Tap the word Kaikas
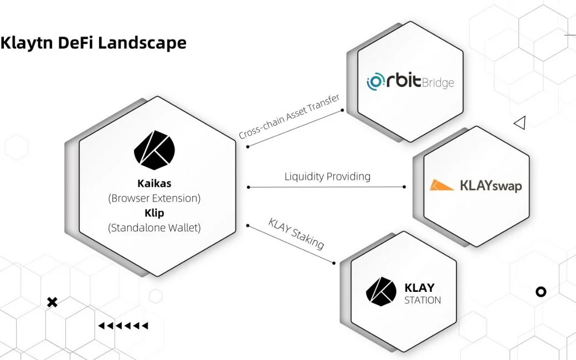(x=154, y=183)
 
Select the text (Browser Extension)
(x=154, y=197)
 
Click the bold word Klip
(x=154, y=212)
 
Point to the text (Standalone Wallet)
(x=154, y=227)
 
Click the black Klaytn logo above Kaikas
(x=154, y=150)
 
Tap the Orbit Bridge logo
(x=410, y=83)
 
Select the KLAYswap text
(x=491, y=186)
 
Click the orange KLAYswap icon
(x=442, y=186)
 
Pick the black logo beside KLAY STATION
(x=381, y=291)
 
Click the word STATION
(x=423, y=300)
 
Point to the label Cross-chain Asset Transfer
(x=289, y=117)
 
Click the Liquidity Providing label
(x=327, y=177)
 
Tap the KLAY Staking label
(x=296, y=233)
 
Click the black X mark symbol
(x=52, y=302)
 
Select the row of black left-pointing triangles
(x=123, y=326)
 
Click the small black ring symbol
(x=541, y=291)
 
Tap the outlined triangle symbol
(x=520, y=123)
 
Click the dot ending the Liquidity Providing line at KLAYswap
(x=405, y=187)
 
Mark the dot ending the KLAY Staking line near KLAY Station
(x=334, y=263)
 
